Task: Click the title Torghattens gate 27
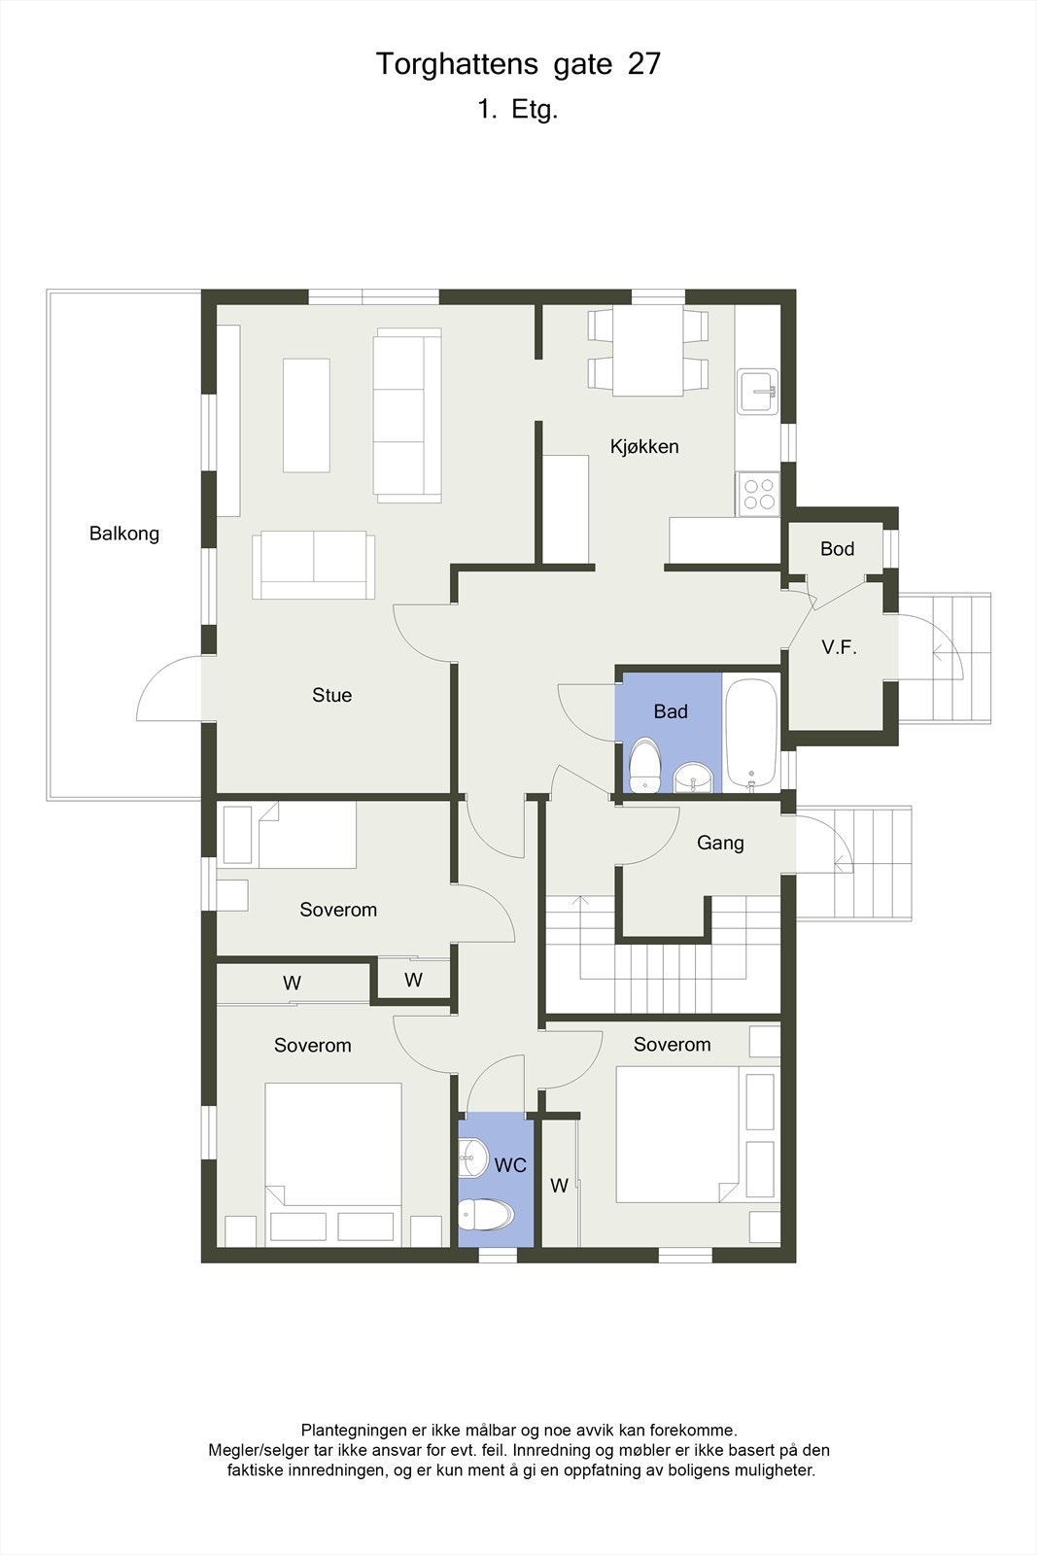[x=518, y=64]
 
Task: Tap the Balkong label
[x=124, y=534]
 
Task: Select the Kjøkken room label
[x=644, y=447]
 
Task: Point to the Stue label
[x=331, y=695]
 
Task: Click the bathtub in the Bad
[x=752, y=734]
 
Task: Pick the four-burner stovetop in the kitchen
[x=758, y=493]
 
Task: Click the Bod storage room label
[x=837, y=549]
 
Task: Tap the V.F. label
[x=840, y=647]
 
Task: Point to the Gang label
[x=720, y=844]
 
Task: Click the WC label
[x=510, y=1164]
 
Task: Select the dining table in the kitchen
[x=647, y=350]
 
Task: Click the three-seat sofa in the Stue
[x=408, y=415]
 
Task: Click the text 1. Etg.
[x=518, y=110]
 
